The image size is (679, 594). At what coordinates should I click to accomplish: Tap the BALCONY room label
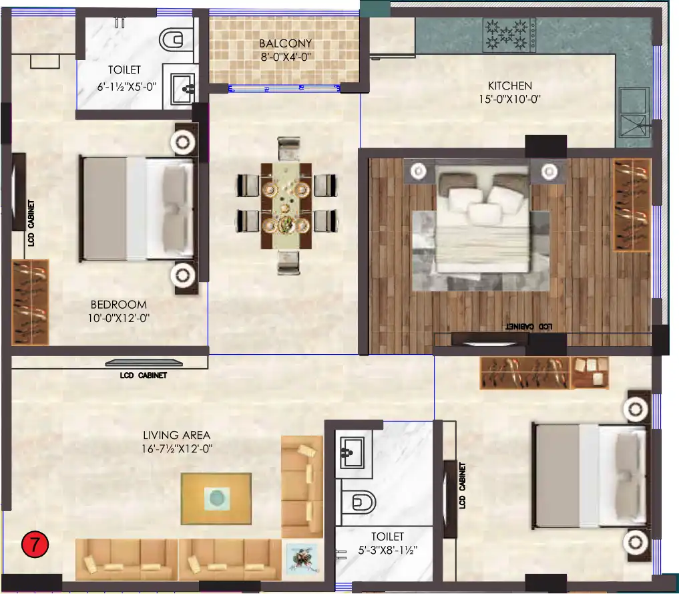tap(286, 44)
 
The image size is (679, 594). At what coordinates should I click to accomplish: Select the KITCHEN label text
tap(509, 86)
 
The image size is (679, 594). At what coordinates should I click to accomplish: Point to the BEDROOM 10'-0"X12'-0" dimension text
tap(119, 319)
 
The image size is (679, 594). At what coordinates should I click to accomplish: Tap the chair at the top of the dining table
tap(288, 148)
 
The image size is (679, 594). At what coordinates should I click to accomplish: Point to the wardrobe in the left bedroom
tap(30, 302)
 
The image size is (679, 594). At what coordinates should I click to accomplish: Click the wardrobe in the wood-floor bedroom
tap(631, 204)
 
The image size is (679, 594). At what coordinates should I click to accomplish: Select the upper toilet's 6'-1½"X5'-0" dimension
tap(126, 87)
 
